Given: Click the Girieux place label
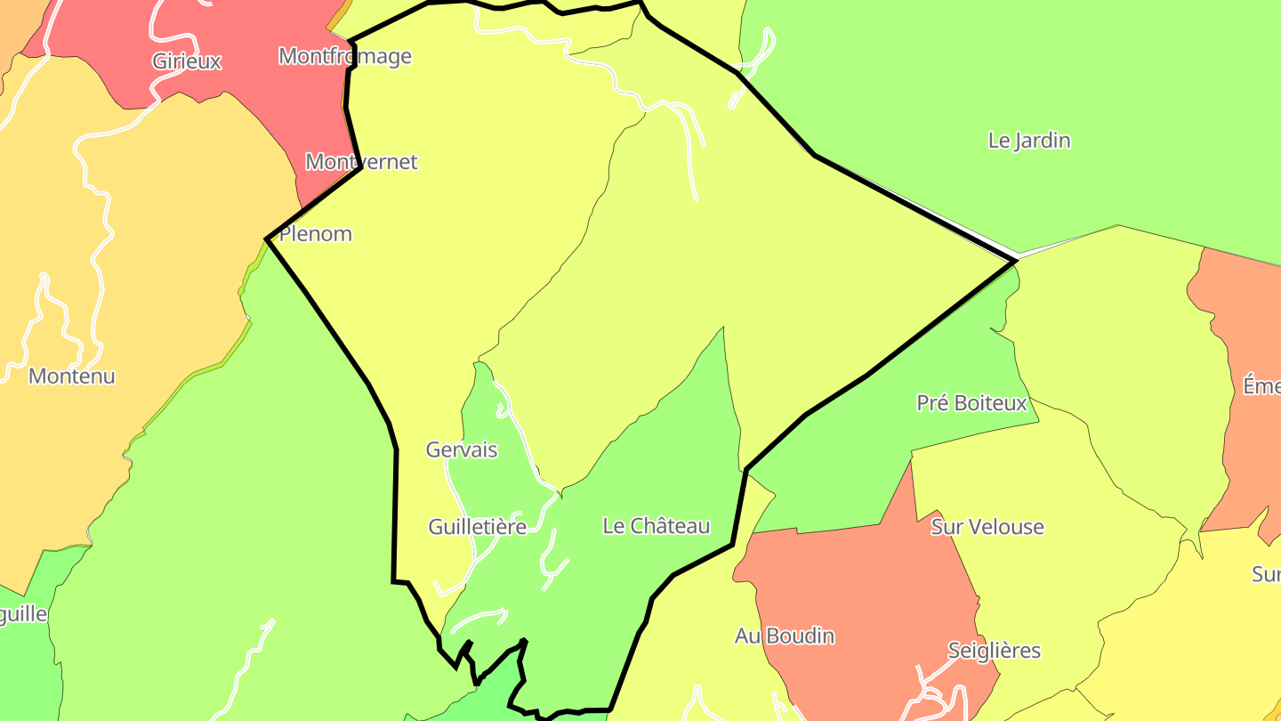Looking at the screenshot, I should coord(187,61).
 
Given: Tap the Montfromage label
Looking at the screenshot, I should coord(345,56).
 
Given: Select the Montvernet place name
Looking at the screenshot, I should coord(361,162).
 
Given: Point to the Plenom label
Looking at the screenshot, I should coord(316,234).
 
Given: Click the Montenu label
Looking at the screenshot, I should coord(72,376).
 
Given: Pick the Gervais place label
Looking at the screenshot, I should coord(462,450).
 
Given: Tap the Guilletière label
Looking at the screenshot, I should coord(478,527).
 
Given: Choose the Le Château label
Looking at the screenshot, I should coord(657,526).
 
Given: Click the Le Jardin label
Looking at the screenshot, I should coord(1029,141).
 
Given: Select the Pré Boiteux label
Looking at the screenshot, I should coord(971,403).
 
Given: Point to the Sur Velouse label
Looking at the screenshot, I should coord(987,527).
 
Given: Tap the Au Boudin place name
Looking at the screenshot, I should coord(785,636).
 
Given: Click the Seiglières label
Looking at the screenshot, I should coord(994,651).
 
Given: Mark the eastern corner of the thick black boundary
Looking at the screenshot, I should coord(1015,261).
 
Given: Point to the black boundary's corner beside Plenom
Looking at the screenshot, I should coord(267,239).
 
